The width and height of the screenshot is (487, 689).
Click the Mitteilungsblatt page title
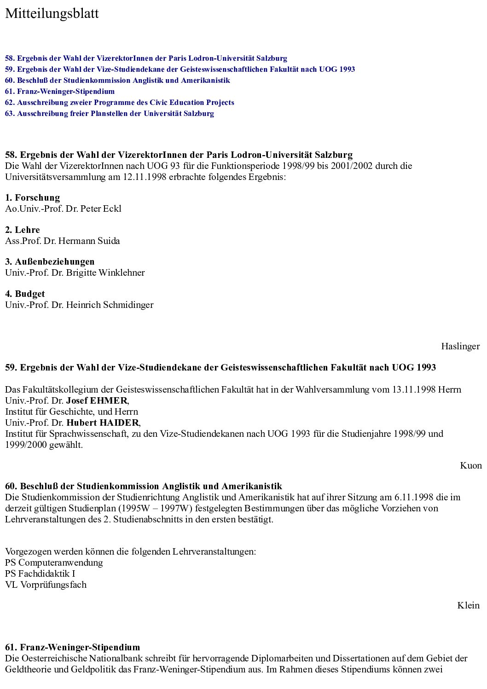(x=52, y=14)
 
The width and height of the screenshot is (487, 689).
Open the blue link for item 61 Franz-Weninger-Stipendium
(x=60, y=91)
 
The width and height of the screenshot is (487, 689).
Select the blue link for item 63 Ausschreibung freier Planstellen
(x=110, y=113)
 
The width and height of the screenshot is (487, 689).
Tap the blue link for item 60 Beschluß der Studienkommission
(x=117, y=80)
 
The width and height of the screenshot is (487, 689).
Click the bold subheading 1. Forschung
(x=33, y=197)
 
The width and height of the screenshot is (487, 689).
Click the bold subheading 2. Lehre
(x=23, y=230)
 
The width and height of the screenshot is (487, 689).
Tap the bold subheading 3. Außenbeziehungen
(x=50, y=261)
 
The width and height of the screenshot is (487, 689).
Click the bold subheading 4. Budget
(x=25, y=294)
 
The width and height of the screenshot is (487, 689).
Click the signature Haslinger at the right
(x=460, y=346)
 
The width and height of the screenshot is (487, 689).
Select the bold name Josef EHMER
(x=97, y=400)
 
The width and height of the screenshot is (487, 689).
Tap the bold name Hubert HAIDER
(x=103, y=423)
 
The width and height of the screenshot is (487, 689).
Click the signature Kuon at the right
(x=470, y=465)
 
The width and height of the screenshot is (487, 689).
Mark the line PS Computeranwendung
(x=54, y=562)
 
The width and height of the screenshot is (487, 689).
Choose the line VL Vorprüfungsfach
(x=46, y=585)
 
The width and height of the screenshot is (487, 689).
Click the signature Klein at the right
(x=468, y=605)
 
